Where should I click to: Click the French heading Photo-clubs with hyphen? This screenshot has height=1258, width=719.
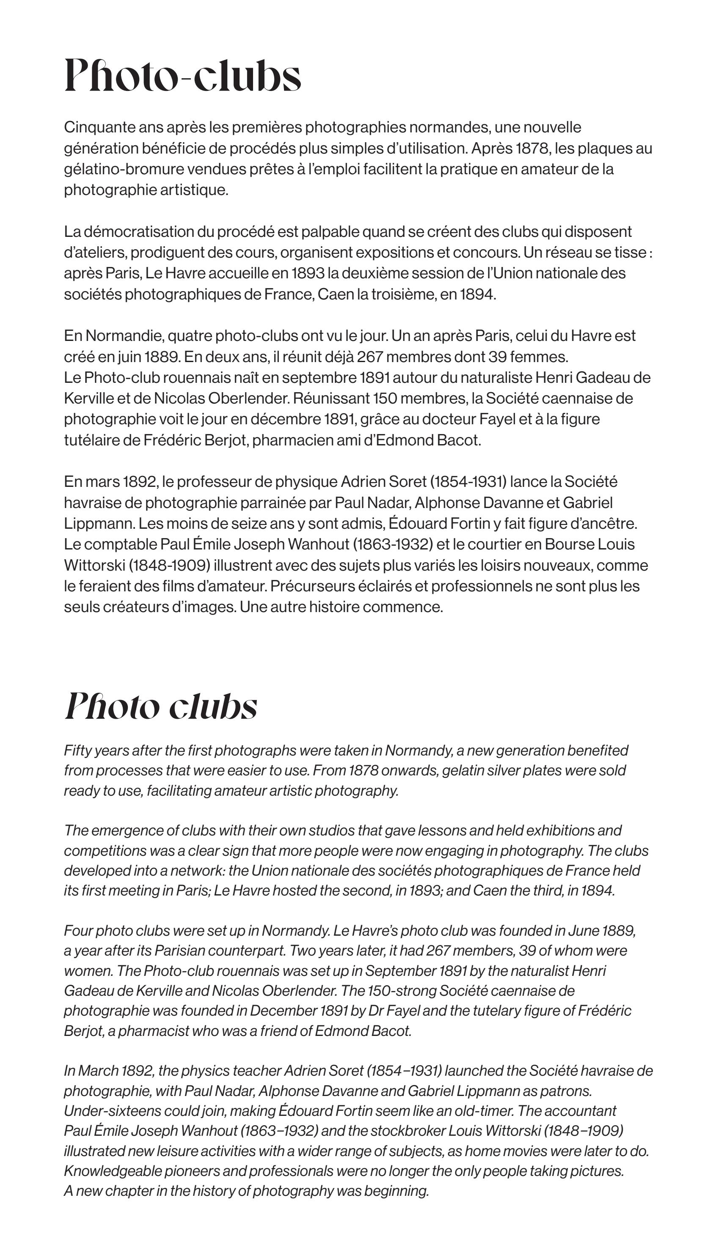click(183, 76)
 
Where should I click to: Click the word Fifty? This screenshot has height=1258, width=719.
click(77, 751)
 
